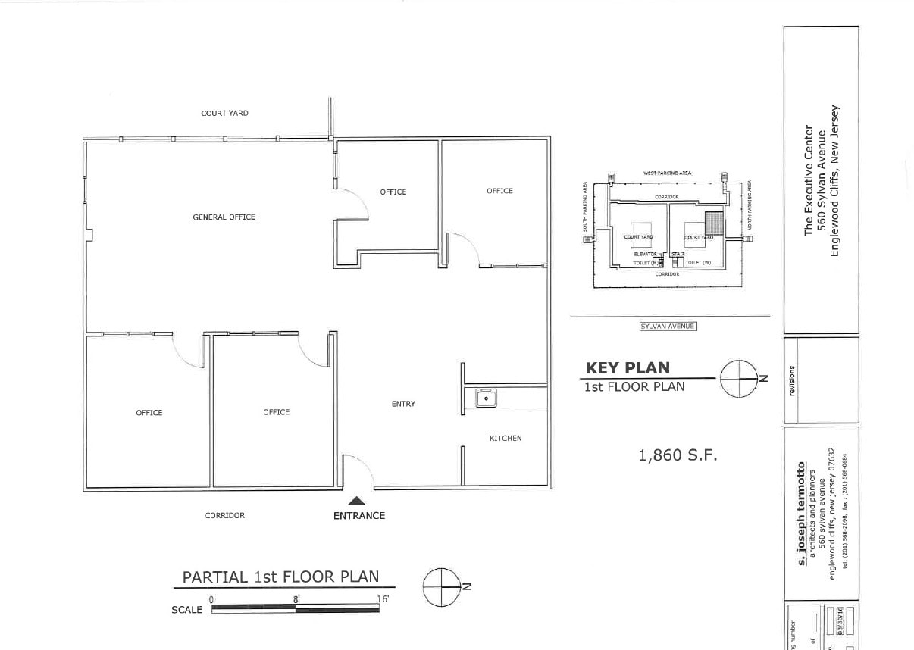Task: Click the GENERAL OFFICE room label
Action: [224, 217]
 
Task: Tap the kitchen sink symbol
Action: [484, 397]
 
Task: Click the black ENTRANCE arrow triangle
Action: [357, 500]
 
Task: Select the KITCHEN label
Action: [506, 439]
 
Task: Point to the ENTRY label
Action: [403, 405]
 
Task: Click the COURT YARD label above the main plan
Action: [224, 114]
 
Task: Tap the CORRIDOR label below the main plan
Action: [225, 516]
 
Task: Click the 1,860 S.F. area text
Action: [678, 455]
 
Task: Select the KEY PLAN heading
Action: [628, 368]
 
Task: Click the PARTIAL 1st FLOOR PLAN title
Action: [280, 577]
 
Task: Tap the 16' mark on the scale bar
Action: [383, 599]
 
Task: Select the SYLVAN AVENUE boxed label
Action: [667, 327]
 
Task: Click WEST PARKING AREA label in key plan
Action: [667, 173]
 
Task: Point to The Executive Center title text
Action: [809, 180]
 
